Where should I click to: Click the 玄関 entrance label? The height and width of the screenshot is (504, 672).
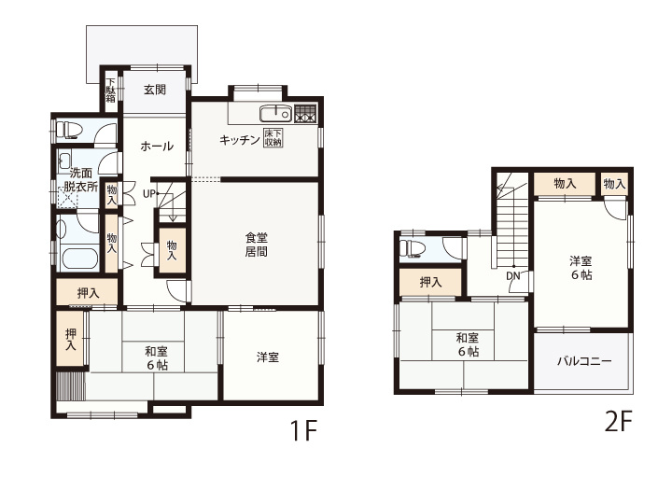[155, 90]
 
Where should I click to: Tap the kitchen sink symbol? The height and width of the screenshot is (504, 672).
[275, 114]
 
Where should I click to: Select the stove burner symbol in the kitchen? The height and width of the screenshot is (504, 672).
[305, 114]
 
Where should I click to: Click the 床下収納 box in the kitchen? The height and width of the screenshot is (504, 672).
[273, 138]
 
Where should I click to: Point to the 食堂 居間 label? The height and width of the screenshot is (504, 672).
[257, 244]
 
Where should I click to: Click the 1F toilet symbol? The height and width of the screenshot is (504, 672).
[68, 130]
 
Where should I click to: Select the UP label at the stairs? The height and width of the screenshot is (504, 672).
[148, 194]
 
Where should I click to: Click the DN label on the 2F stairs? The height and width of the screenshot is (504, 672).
[513, 276]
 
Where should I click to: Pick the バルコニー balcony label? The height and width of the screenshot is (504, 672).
[584, 361]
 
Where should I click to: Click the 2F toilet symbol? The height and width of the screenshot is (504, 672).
[412, 248]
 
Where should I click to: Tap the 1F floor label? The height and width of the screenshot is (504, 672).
[303, 430]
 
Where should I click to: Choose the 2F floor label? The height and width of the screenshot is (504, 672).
[618, 421]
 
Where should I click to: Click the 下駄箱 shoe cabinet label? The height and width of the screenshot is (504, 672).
[111, 90]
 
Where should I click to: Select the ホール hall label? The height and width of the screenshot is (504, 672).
[157, 147]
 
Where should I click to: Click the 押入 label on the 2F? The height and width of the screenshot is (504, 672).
[430, 282]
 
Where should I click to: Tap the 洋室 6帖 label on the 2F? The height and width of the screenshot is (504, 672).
[581, 268]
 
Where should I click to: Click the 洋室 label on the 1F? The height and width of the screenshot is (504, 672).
[268, 357]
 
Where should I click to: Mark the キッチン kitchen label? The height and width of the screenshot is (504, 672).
[240, 140]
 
